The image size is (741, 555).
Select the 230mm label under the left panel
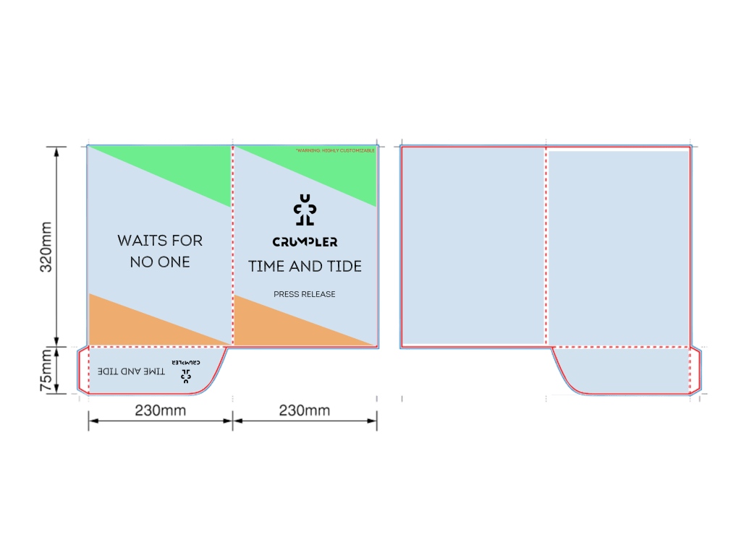(160, 410)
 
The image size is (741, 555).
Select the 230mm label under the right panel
(305, 410)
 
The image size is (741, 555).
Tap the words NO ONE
(160, 262)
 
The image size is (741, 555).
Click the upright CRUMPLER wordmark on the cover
(305, 242)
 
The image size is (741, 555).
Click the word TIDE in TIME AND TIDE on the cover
(344, 266)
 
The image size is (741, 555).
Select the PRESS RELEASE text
(305, 294)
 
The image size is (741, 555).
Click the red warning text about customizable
(335, 150)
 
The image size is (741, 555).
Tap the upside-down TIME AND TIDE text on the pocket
(131, 371)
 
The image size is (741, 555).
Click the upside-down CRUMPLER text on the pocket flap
(186, 360)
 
